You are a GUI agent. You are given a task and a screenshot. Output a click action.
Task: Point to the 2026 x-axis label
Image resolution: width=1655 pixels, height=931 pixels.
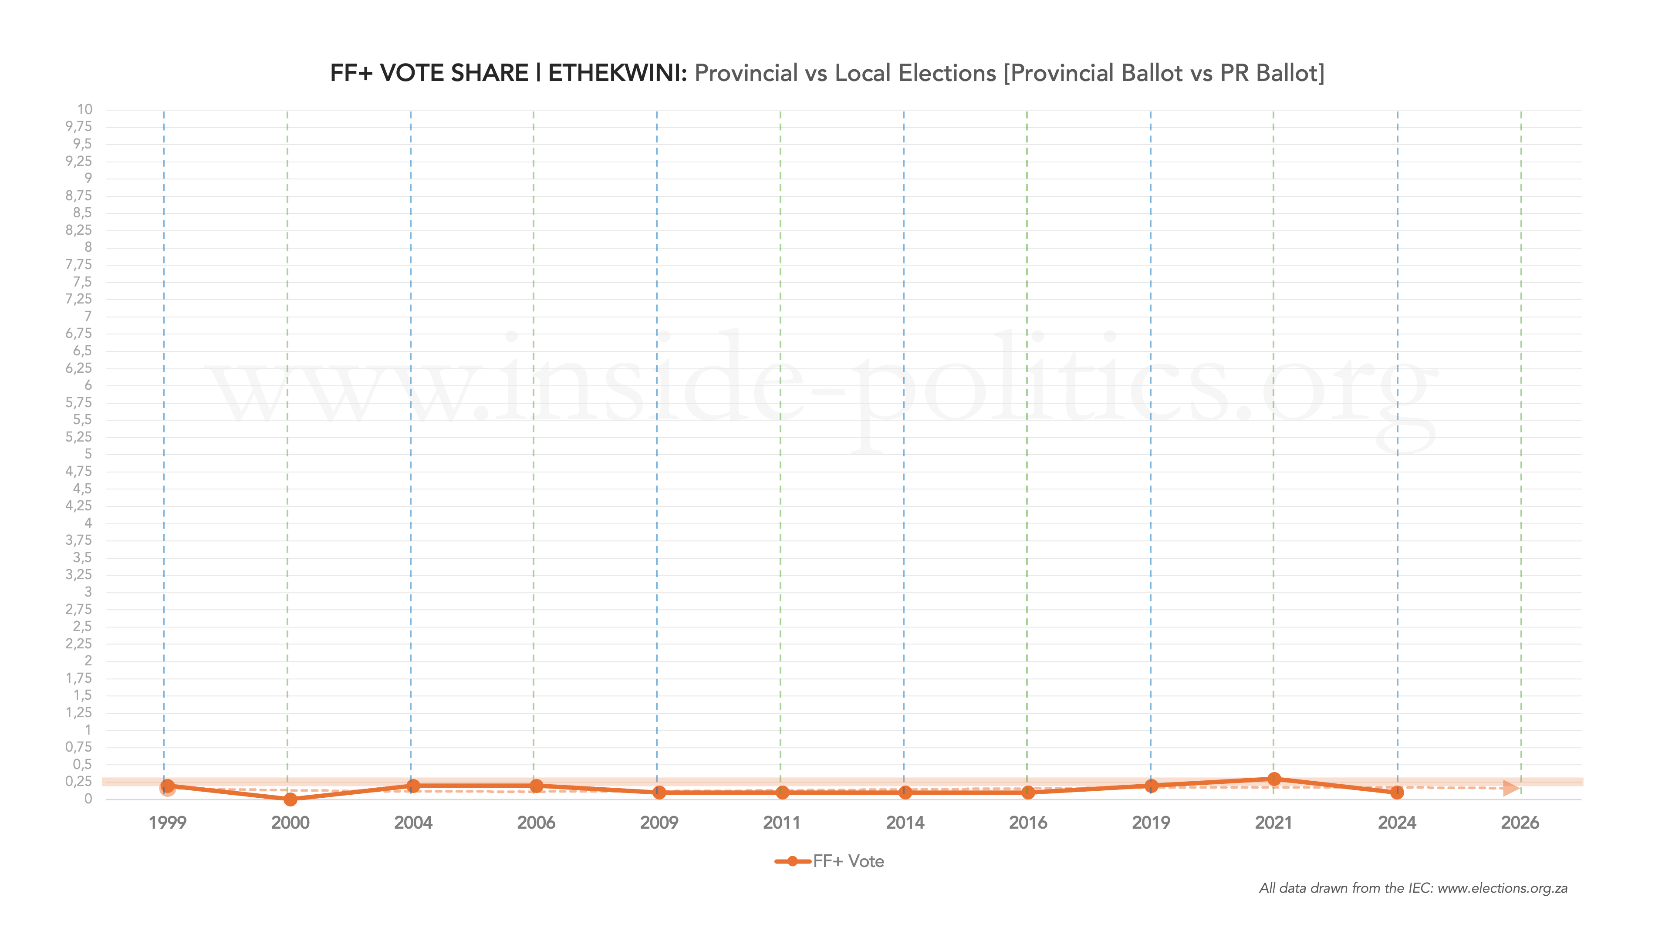1520,823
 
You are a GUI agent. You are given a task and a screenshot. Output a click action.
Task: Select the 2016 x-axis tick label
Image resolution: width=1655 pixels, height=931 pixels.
1028,823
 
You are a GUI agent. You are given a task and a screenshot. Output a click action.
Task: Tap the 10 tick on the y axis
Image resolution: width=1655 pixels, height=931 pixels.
85,109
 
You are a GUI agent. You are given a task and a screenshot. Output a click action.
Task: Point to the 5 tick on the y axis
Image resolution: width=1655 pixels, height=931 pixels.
88,454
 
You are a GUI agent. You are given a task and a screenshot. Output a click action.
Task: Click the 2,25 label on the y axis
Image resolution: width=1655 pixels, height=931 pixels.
78,644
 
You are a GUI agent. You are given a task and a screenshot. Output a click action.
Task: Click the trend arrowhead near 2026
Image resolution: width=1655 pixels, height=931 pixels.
1511,788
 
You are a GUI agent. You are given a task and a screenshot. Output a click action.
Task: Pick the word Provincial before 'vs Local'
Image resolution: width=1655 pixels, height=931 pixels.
746,73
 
